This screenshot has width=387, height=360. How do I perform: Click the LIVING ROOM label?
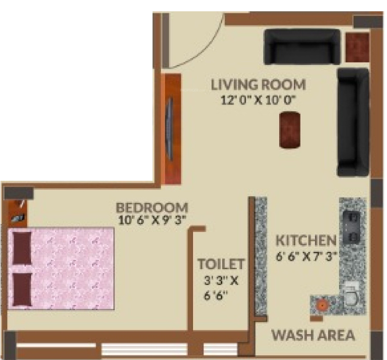pyautogui.click(x=258, y=85)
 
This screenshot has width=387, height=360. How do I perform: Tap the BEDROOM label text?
pyautogui.click(x=152, y=207)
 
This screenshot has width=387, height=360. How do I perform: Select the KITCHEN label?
pyautogui.click(x=306, y=240)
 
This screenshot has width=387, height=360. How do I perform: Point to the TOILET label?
pyautogui.click(x=221, y=263)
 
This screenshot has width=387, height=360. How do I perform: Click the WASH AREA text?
pyautogui.click(x=313, y=335)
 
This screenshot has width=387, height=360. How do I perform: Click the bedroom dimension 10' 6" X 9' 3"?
pyautogui.click(x=152, y=220)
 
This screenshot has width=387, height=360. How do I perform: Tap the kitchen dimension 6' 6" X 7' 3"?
pyautogui.click(x=308, y=257)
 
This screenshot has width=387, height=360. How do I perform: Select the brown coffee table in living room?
pyautogui.click(x=290, y=129)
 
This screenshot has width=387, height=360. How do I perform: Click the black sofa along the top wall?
pyautogui.click(x=302, y=46)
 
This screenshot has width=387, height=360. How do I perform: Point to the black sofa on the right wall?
pyautogui.click(x=353, y=122)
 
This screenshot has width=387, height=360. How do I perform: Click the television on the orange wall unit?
pyautogui.click(x=170, y=130)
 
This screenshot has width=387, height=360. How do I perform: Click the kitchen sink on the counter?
pyautogui.click(x=351, y=295)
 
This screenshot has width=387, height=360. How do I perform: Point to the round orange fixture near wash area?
pyautogui.click(x=322, y=304)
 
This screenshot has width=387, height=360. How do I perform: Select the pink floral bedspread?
pyautogui.click(x=71, y=268)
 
